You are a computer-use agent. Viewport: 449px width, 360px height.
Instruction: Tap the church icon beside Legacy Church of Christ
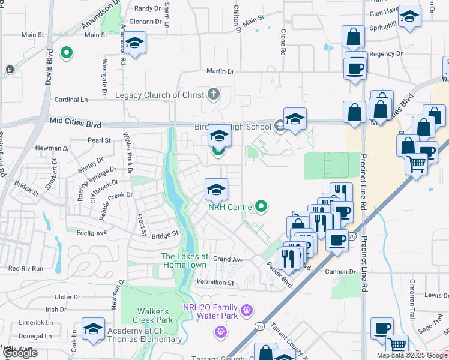(x=213, y=94)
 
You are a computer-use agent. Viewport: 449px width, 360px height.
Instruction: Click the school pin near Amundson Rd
(x=136, y=43)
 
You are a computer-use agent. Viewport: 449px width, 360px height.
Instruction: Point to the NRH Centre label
(x=229, y=207)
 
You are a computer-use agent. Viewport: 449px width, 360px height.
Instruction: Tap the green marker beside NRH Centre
(x=261, y=207)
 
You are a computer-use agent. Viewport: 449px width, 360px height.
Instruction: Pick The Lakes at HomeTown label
(x=184, y=260)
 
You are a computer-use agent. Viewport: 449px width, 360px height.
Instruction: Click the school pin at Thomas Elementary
(x=93, y=330)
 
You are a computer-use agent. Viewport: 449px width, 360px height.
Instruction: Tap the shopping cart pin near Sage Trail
(x=397, y=344)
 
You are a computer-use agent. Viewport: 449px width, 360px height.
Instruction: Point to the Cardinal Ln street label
(x=71, y=99)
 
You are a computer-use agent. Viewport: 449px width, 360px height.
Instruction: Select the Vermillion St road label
(x=214, y=282)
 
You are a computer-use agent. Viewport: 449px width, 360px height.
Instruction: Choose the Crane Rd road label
(x=282, y=43)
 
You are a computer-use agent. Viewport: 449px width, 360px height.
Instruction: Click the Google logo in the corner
(x=19, y=353)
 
